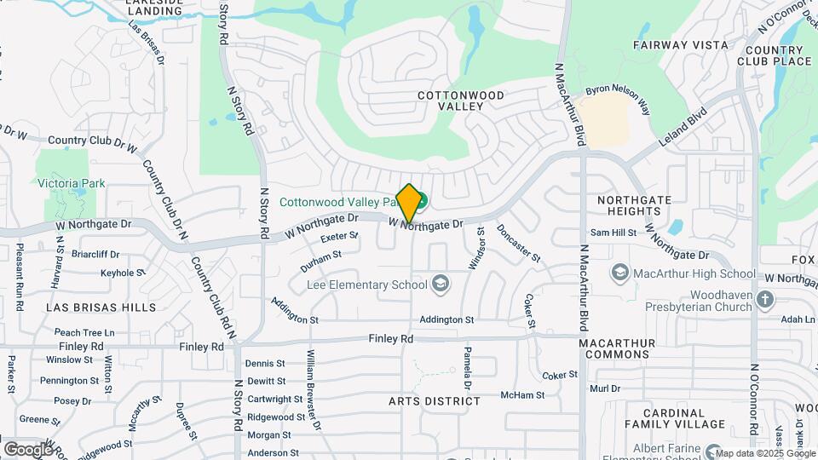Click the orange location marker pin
[409, 204]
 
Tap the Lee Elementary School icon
[441, 285]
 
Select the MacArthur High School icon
[620, 273]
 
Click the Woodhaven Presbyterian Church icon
[765, 299]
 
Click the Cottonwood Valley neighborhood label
[460, 101]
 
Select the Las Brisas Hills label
[101, 307]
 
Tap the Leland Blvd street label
[683, 128]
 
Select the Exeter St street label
[338, 236]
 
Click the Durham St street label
[321, 255]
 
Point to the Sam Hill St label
[613, 233]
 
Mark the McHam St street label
[522, 395]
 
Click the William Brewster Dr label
[313, 388]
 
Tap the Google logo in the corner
[27, 449]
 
